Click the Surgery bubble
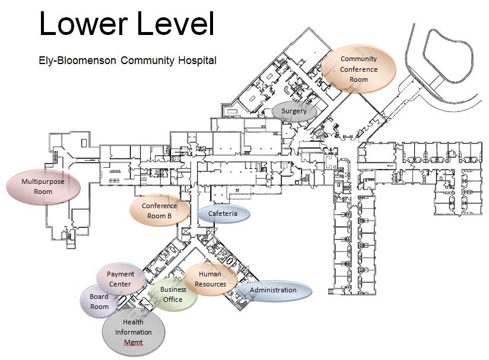tap(294, 111)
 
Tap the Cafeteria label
tap(223, 214)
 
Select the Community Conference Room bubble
tap(358, 69)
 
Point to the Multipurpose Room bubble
tap(43, 186)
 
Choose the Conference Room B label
tap(160, 211)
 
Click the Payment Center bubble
tap(121, 279)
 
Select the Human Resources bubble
tap(210, 279)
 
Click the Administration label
tap(273, 290)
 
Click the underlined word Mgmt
tap(134, 343)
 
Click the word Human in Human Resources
tap(210, 274)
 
